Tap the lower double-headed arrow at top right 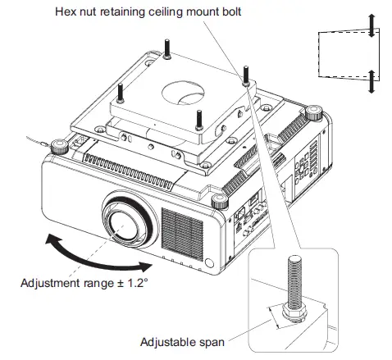click(371, 82)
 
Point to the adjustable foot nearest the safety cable click(60, 147)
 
